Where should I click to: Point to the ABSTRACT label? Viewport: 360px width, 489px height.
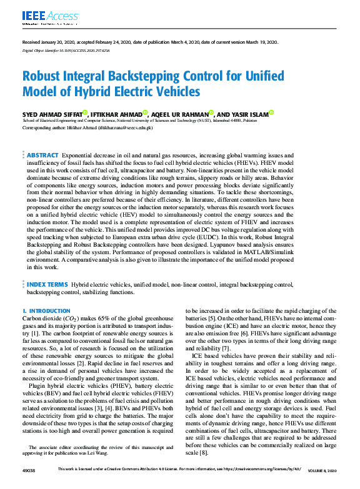(x=43, y=154)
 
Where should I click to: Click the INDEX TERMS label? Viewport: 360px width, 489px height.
(x=47, y=284)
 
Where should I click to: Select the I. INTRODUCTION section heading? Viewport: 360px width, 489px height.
(x=46, y=310)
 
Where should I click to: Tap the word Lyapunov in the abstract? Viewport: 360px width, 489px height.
(x=243, y=245)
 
